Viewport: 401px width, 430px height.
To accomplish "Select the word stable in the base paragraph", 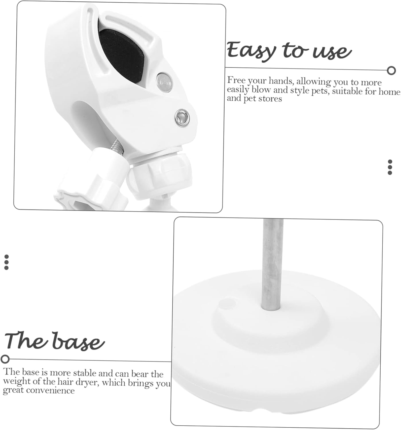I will (x=85, y=373).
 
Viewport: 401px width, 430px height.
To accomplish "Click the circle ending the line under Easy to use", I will (x=391, y=70).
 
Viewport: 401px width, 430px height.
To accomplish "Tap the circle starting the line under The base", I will (x=5, y=359).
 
